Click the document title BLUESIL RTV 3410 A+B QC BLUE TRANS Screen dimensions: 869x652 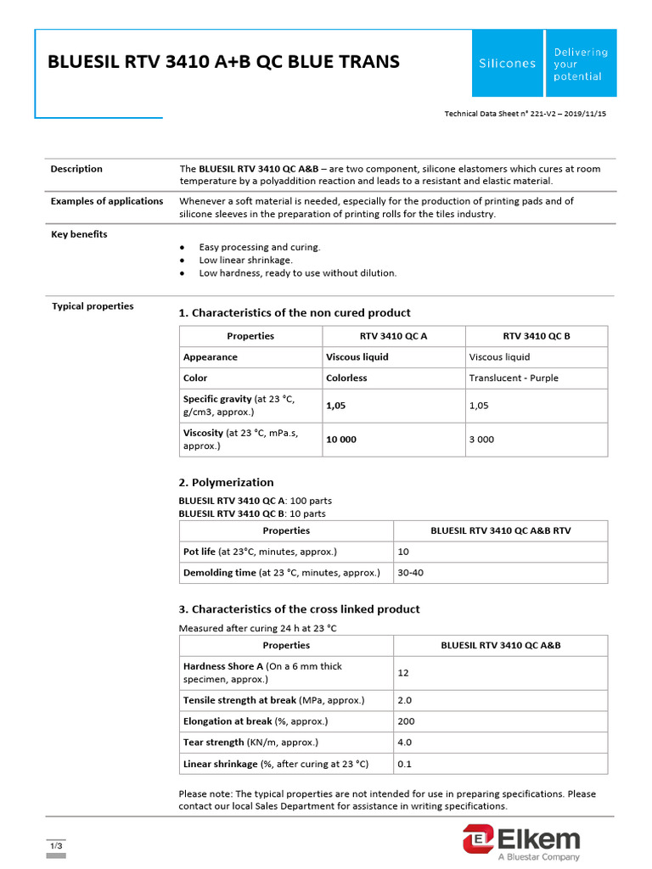click(x=223, y=62)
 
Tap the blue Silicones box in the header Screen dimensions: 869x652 click(x=508, y=64)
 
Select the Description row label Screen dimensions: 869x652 click(x=76, y=169)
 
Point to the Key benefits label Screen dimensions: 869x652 click(x=80, y=234)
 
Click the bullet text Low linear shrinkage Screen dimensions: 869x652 click(x=245, y=260)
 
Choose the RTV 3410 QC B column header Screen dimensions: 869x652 click(x=537, y=336)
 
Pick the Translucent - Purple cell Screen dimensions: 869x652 click(x=514, y=378)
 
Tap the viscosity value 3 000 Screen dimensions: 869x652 click(x=481, y=440)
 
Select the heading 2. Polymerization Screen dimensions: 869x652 click(x=226, y=482)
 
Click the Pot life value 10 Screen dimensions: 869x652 click(x=403, y=552)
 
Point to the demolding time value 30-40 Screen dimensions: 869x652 click(x=410, y=573)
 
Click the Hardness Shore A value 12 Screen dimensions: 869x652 click(x=403, y=673)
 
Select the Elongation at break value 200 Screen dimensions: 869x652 click(x=406, y=721)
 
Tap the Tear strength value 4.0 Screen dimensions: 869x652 click(x=404, y=743)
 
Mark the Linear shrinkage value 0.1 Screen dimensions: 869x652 click(x=404, y=764)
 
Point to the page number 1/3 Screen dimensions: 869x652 click(x=56, y=847)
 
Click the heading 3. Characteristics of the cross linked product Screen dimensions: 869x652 click(x=299, y=609)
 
